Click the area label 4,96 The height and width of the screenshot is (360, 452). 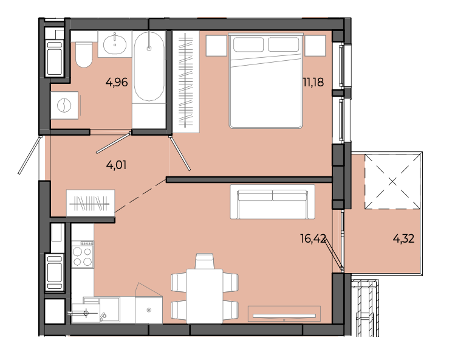117,83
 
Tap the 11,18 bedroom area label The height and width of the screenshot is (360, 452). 313,83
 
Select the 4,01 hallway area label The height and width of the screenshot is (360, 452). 116,165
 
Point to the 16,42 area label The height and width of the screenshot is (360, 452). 313,238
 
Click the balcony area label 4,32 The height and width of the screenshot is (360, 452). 403,238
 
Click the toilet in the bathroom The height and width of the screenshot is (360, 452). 84,55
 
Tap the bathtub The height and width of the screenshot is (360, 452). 149,67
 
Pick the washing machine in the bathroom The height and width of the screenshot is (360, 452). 64,105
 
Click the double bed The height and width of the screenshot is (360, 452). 265,81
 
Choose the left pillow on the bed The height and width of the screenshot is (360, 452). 248,44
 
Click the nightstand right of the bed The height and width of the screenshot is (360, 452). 315,45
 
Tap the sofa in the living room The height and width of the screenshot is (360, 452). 272,202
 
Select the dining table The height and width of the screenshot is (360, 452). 204,296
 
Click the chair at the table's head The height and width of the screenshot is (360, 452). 204,261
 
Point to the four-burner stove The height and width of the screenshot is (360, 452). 83,254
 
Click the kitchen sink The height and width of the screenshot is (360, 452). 109,309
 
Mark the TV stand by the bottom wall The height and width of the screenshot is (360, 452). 284,314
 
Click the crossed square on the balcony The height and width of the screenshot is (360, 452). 392,182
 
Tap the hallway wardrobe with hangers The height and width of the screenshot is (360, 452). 91,203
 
